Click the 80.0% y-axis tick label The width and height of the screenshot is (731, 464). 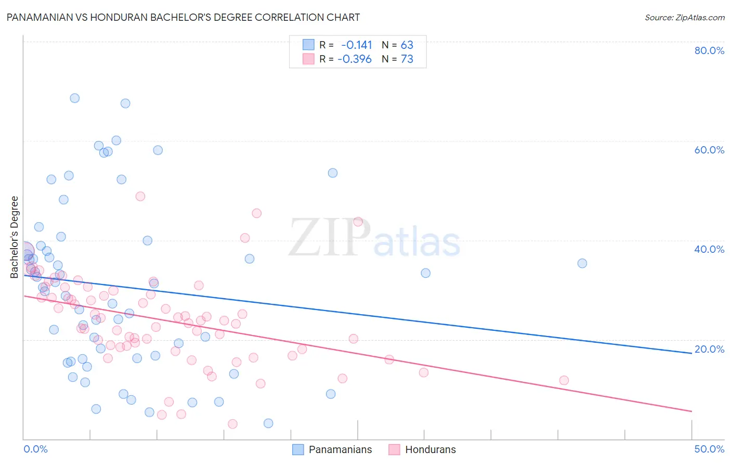pos(709,50)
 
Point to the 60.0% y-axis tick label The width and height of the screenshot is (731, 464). pos(709,150)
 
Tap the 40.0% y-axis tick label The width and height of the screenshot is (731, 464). pos(709,249)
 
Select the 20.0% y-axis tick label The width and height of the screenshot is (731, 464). pos(709,349)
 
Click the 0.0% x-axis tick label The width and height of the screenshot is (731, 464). pos(35,449)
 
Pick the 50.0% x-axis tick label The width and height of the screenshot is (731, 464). pos(709,449)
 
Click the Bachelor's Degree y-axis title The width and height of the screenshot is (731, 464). pos(15,237)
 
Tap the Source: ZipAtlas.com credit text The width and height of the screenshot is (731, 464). pos(684,17)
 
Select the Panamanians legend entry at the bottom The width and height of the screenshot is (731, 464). pos(340,449)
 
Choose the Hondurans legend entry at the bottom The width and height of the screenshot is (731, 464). pos(430,449)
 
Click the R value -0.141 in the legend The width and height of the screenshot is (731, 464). pos(357,45)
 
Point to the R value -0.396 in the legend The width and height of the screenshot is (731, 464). pos(355,59)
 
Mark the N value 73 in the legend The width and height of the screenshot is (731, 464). pos(407,59)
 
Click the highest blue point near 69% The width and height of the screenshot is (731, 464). pos(75,98)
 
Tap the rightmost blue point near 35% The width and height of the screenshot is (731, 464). pos(582,263)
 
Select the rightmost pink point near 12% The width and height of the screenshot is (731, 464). pos(564,380)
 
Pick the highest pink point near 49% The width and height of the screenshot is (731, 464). pos(140,196)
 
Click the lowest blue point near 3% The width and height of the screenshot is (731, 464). pos(268,423)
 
